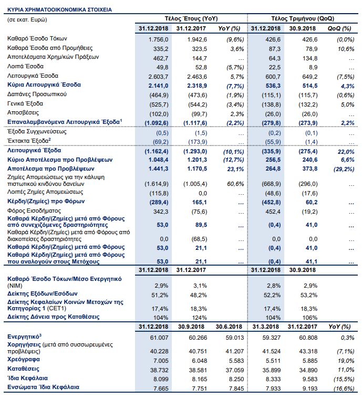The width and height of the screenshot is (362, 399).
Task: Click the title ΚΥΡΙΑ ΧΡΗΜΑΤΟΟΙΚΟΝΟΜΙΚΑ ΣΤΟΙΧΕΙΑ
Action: click(59, 10)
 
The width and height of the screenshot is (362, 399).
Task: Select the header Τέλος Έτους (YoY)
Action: click(191, 18)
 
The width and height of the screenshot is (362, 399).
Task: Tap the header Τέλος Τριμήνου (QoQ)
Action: click(303, 18)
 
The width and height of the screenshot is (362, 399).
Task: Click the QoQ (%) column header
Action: click(339, 28)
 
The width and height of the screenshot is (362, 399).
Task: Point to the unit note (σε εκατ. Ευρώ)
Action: click(27, 20)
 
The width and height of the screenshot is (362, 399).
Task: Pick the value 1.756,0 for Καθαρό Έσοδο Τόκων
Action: click(158, 39)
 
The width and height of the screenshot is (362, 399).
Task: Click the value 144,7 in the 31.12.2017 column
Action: click(200, 58)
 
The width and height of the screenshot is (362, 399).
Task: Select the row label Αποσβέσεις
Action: click(23, 113)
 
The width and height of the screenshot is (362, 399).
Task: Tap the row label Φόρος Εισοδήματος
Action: click(34, 211)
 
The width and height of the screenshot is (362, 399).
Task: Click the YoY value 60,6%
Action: click(235, 184)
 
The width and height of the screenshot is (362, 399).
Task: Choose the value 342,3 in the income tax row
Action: click(161, 212)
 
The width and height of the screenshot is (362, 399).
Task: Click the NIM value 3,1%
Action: click(200, 286)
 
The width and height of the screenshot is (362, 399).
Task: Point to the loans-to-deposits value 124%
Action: click(199, 318)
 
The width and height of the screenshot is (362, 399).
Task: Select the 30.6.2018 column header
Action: click(229, 327)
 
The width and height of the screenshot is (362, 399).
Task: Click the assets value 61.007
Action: click(159, 338)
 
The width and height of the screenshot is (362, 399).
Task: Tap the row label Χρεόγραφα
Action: click(24, 360)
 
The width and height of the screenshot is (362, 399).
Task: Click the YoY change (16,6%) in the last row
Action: click(344, 388)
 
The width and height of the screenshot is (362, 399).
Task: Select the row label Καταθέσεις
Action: click(24, 369)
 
